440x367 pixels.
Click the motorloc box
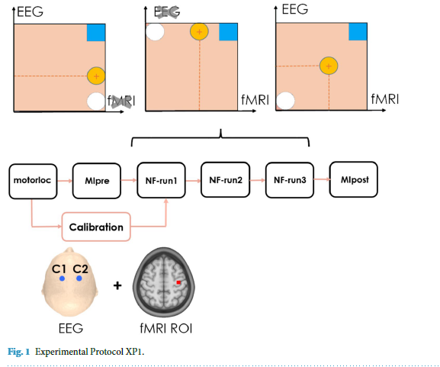coord(31,181)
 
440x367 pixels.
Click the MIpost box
coord(352,180)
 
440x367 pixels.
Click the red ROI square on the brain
coord(178,282)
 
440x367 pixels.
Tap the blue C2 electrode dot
coord(79,279)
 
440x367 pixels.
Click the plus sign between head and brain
coord(117,286)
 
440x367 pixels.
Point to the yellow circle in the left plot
coord(95,76)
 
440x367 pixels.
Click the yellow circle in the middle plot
coord(198,32)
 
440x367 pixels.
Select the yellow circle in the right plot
coord(329,66)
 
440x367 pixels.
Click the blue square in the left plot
coord(95,32)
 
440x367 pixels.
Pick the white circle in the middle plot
coord(155,32)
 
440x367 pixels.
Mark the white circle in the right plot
coord(285,101)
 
